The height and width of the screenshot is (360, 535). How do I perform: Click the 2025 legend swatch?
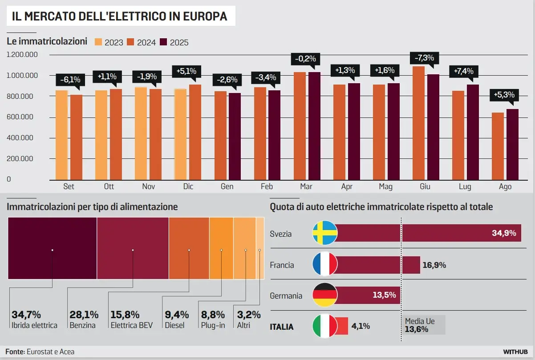coord(163,42)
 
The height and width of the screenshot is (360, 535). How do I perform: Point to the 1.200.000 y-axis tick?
coord(22,55)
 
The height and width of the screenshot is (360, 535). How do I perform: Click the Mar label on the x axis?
coord(306,187)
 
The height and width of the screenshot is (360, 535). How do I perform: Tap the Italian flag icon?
coord(325,326)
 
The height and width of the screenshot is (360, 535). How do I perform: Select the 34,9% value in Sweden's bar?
coord(504,233)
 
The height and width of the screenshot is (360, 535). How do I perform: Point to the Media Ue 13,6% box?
coord(423,325)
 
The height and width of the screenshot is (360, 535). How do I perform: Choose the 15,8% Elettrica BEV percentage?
coord(125,315)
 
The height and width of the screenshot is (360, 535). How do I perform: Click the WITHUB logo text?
coord(515,352)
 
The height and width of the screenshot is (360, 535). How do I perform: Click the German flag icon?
coord(325,295)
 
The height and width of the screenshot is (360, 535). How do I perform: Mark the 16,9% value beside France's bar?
coord(434,265)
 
